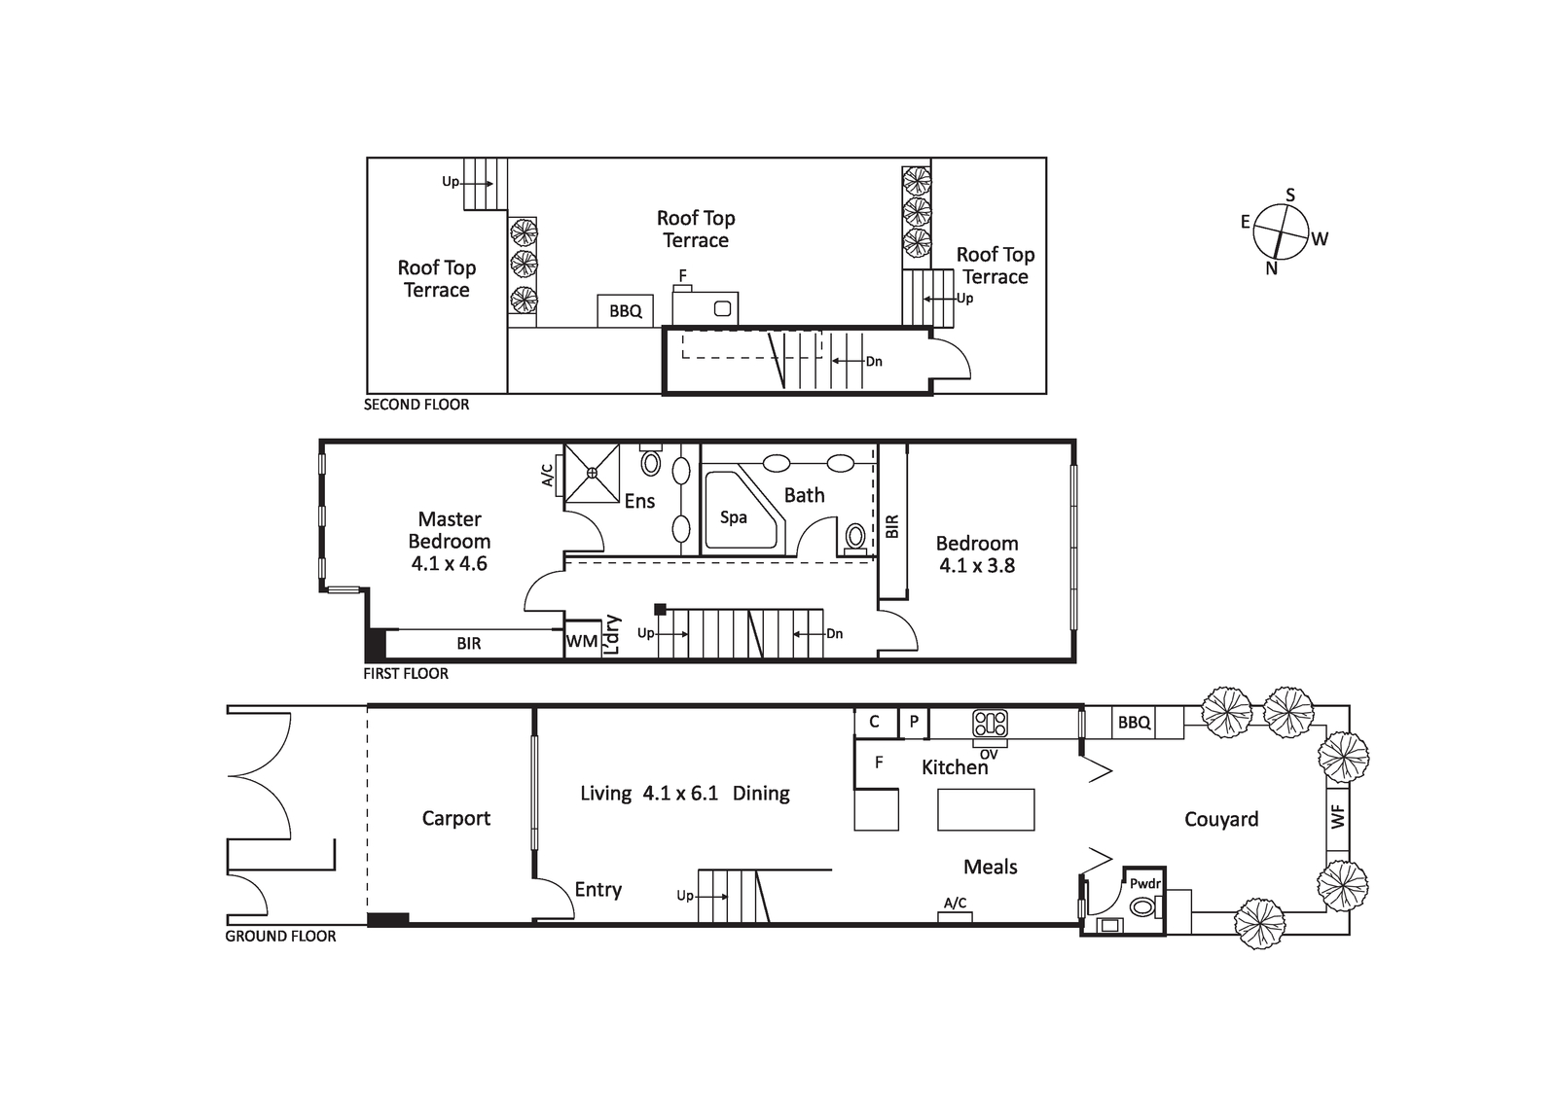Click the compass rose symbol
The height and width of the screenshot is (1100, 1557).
pos(1281,232)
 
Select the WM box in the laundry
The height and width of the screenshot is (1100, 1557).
pos(583,640)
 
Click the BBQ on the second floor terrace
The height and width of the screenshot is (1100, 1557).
pos(626,310)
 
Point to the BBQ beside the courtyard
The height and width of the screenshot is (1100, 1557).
pos(1135,722)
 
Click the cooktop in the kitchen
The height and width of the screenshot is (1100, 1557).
pos(990,722)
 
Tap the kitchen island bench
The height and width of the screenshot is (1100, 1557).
pos(986,809)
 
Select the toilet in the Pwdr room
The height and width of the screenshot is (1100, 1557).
pos(1144,906)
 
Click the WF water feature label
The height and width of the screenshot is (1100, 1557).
pos(1338,818)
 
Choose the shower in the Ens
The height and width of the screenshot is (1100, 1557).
pos(592,474)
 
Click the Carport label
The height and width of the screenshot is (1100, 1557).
pos(456,818)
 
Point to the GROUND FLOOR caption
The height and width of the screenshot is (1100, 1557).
pos(280,936)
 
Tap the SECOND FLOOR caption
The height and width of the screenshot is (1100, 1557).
pos(416,405)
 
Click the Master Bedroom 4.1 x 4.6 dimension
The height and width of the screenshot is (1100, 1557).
pos(449,563)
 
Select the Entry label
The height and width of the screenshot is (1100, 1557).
pos(597,890)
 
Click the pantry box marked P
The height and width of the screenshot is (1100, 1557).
pos(914,723)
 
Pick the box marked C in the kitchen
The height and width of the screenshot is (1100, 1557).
pos(875,722)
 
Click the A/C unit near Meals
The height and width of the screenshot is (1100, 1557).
pos(955,916)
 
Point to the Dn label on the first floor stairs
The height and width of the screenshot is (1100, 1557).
pos(835,634)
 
